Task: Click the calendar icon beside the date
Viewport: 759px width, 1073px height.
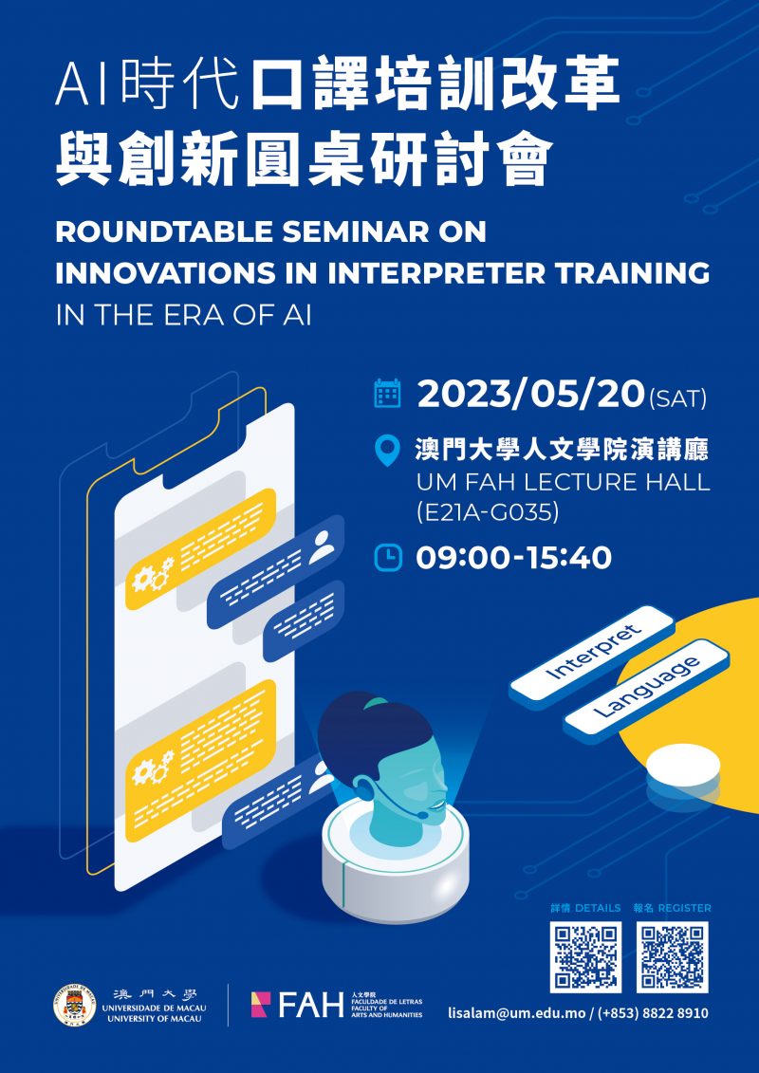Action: click(388, 394)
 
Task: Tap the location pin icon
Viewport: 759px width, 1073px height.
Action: click(388, 452)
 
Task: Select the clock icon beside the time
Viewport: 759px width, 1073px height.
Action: click(388, 558)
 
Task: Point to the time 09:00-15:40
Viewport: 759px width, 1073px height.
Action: click(513, 558)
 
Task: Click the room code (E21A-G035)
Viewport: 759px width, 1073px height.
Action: click(488, 513)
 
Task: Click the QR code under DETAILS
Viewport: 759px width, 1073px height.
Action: click(585, 955)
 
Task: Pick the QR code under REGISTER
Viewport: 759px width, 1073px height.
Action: click(673, 955)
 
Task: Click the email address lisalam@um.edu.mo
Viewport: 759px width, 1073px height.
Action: click(516, 1013)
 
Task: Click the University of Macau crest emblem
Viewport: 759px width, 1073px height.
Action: click(74, 1005)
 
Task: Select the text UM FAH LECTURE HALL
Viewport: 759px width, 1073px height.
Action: click(563, 482)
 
